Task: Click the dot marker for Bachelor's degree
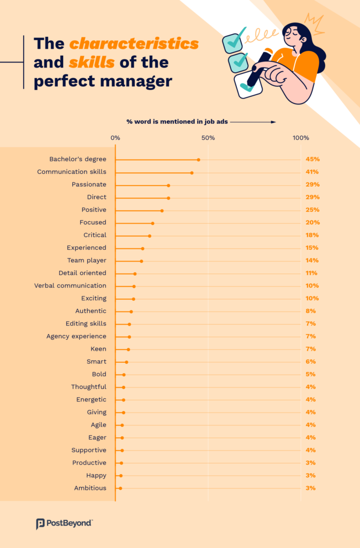(x=198, y=159)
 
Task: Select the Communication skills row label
(x=72, y=172)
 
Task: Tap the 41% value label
(x=312, y=172)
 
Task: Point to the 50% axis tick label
(x=208, y=138)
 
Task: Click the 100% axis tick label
(x=301, y=138)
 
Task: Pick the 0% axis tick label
(x=115, y=138)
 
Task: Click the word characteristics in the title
(x=134, y=43)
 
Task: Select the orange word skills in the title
(x=91, y=62)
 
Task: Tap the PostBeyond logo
(x=64, y=523)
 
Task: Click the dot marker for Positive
(x=162, y=210)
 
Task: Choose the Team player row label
(x=87, y=261)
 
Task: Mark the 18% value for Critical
(x=312, y=235)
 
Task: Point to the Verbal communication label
(x=70, y=286)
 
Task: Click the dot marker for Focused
(x=152, y=223)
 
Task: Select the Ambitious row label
(x=90, y=488)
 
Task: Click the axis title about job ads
(x=177, y=122)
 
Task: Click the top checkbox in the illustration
(x=233, y=43)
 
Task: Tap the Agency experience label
(x=76, y=336)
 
